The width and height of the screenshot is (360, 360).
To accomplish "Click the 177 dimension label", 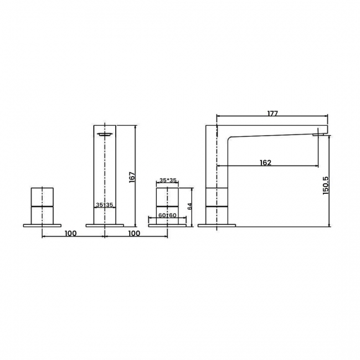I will pyautogui.click(x=272, y=113).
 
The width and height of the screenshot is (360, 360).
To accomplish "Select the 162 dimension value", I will pyautogui.click(x=265, y=162).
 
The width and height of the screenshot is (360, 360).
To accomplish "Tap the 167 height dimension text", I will pyautogui.click(x=131, y=176).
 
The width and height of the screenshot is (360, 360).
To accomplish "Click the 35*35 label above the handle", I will pyautogui.click(x=168, y=181).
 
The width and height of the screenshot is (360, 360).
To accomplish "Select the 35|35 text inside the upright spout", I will pyautogui.click(x=104, y=205).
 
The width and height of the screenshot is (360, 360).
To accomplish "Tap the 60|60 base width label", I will pyautogui.click(x=168, y=215).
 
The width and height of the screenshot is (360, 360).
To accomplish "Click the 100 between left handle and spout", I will pyautogui.click(x=70, y=233).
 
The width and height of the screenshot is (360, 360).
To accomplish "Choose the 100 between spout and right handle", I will pyautogui.click(x=133, y=233).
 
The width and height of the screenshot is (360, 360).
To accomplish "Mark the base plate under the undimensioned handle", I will pyautogui.click(x=42, y=225).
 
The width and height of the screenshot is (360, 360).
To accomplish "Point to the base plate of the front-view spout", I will pyautogui.click(x=105, y=225).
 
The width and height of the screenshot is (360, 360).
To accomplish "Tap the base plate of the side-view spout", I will pyautogui.click(x=217, y=225).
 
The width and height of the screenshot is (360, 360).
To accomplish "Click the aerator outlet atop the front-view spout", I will pyautogui.click(x=105, y=133).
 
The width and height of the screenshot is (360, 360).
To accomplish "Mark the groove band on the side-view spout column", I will pyautogui.click(x=217, y=205).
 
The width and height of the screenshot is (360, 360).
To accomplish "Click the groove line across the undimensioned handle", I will pyautogui.click(x=42, y=205).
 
